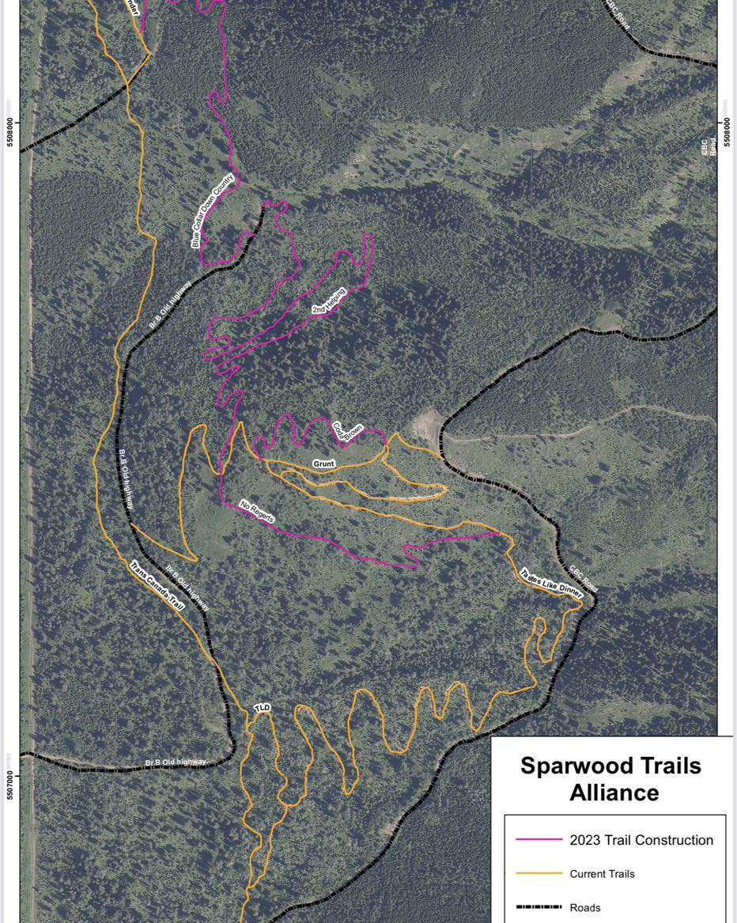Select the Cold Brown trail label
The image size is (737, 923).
coord(347,428)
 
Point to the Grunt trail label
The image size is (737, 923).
coord(324,463)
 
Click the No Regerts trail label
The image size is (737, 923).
coord(257,511)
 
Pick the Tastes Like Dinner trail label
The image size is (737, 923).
coord(551,583)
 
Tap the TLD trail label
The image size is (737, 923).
coord(263,707)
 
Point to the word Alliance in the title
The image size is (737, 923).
coord(614,792)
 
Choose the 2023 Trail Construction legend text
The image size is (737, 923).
coord(641,840)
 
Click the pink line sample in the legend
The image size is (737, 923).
coord(539,840)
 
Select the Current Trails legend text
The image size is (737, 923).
coord(602,874)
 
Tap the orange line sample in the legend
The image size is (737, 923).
coord(539,874)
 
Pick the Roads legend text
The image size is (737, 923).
coord(586,907)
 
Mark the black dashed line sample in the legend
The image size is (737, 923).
coord(539,907)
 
